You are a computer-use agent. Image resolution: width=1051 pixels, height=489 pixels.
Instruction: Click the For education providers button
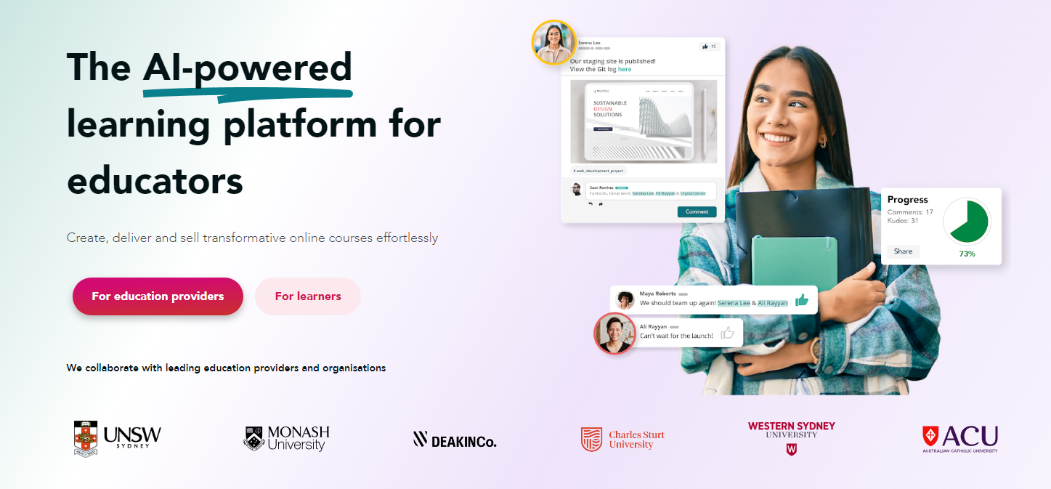pos(158,296)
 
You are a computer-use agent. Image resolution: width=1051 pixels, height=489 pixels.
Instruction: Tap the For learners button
pos(308,296)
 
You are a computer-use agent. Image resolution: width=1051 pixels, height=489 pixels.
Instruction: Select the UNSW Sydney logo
pos(118,437)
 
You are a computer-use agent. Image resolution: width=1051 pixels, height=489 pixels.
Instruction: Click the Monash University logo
pos(286,438)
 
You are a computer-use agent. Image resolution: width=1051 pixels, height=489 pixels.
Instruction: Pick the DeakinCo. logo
pos(455,439)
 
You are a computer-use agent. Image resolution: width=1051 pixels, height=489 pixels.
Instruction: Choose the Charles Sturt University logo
pos(622,439)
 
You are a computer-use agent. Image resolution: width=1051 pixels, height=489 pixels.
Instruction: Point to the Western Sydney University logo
pos(791,437)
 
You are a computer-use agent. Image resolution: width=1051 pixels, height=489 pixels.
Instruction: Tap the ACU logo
pos(959,439)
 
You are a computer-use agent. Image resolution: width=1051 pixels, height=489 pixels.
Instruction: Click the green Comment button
pos(697,211)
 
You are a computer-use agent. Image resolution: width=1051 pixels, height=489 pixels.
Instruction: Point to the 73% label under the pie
pos(967,254)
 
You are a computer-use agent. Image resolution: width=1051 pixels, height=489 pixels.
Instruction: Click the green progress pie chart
pos(967,221)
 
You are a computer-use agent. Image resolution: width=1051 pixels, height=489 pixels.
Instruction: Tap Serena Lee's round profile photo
pos(553,42)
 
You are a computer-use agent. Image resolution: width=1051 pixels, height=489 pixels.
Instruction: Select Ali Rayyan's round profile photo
pos(615,334)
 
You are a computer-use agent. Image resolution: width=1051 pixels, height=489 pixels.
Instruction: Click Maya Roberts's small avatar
pos(625,299)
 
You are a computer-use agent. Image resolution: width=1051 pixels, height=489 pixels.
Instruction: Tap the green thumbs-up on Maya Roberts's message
pos(802,299)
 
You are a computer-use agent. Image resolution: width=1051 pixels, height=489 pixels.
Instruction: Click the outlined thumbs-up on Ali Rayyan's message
pos(727,334)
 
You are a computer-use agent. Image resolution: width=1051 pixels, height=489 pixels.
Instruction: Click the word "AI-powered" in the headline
pos(248,67)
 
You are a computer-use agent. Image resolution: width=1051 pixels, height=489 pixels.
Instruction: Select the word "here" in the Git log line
pos(625,69)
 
